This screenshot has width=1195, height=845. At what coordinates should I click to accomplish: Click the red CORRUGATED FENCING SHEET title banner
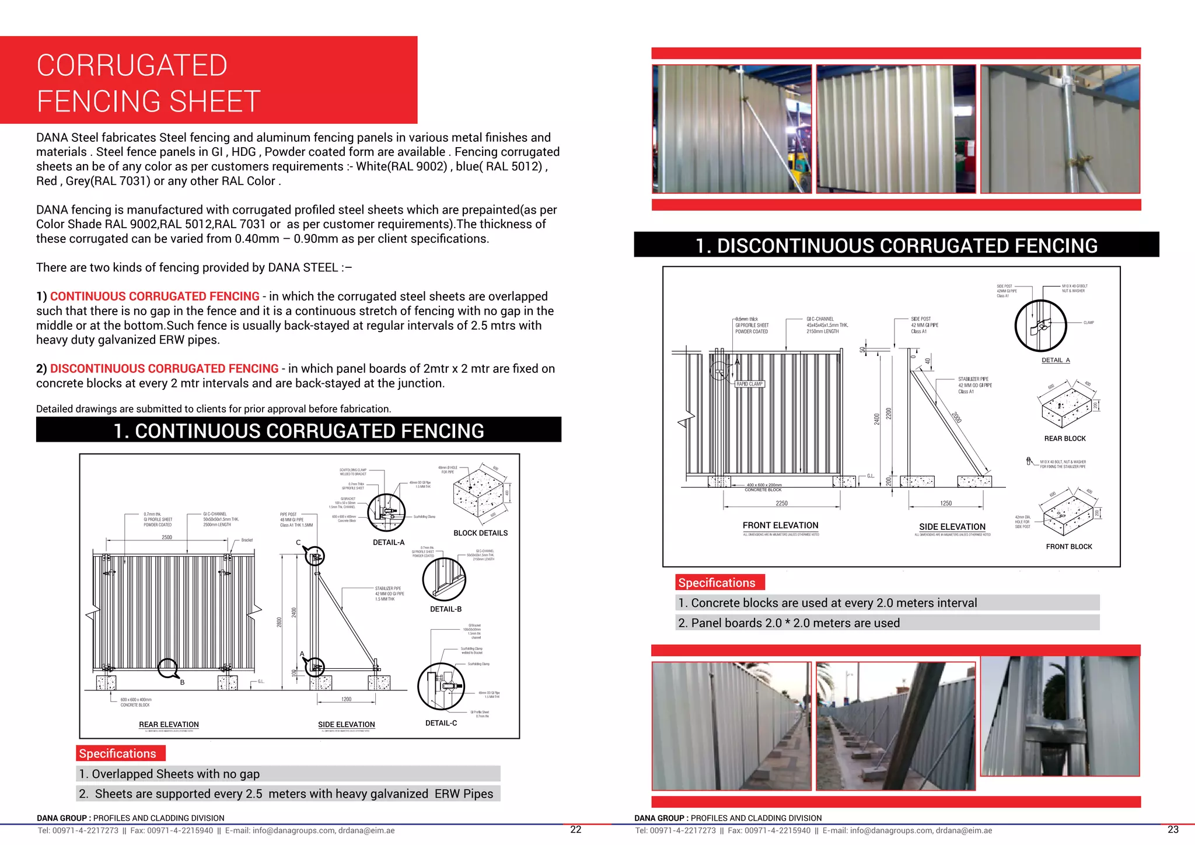[x=208, y=80]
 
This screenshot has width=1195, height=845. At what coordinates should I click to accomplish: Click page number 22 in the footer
[x=575, y=829]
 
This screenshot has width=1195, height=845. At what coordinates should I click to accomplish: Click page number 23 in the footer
[x=1173, y=829]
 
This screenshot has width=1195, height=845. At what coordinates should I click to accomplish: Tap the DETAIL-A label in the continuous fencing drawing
[x=389, y=542]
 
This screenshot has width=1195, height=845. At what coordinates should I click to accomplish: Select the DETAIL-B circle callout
[x=444, y=579]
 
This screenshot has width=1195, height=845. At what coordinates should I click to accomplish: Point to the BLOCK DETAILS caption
[x=480, y=533]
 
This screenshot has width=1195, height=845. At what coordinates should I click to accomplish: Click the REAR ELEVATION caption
[x=169, y=724]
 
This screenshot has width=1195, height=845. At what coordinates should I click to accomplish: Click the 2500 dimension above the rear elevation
[x=167, y=537]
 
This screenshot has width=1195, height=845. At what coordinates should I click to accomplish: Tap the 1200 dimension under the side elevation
[x=346, y=699]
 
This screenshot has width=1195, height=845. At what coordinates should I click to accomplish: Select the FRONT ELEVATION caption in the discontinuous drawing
[x=780, y=525]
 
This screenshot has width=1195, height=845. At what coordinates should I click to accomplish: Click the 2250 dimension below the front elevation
[x=781, y=503]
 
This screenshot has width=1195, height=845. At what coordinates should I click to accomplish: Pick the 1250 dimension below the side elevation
[x=946, y=503]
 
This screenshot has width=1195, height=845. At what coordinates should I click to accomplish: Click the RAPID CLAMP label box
[x=749, y=384]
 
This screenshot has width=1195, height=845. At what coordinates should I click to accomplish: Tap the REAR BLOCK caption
[x=1065, y=438]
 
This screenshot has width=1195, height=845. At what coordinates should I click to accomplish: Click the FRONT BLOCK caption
[x=1069, y=546]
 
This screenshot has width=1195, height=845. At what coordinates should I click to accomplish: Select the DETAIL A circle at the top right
[x=1040, y=326]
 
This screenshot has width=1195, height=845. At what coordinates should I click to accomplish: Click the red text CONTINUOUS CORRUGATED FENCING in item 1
[x=155, y=296]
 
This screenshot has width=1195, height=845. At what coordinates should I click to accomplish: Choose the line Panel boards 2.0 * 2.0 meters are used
[x=789, y=623]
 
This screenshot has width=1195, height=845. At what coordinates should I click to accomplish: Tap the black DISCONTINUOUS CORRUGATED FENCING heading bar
[x=896, y=245]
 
